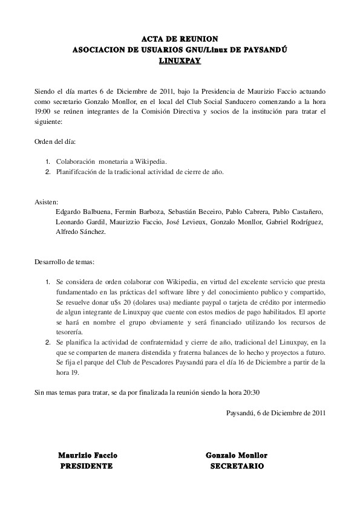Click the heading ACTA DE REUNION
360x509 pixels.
point(180,39)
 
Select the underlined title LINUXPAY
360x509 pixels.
point(180,61)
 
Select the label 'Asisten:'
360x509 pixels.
point(47,202)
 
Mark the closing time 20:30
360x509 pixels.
point(252,392)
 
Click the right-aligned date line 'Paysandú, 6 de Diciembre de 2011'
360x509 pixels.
point(276,413)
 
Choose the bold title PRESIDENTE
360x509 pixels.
point(87,467)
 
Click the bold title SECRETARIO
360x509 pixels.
point(237,467)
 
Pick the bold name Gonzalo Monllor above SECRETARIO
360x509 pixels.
point(237,455)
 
